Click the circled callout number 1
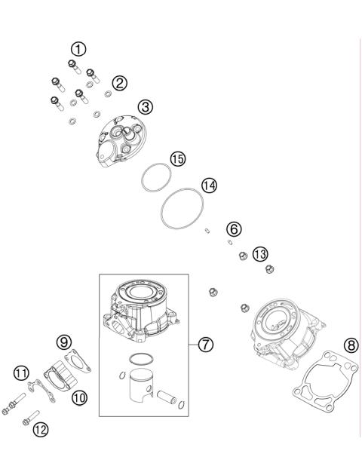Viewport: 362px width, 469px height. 78,49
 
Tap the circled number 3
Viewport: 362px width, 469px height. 146,107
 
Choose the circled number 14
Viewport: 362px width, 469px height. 209,185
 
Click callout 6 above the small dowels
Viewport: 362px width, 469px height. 234,228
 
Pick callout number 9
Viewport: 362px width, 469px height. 79,396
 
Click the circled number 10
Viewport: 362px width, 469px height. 20,372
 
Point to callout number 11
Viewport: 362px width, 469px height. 40,429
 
